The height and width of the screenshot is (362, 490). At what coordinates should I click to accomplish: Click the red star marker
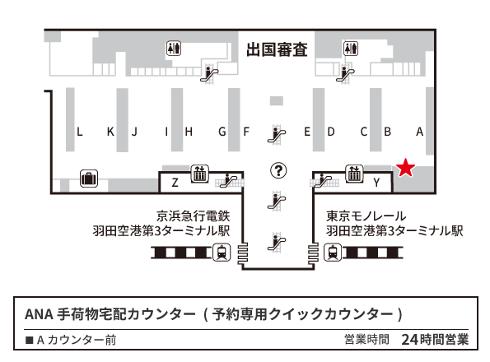(405, 168)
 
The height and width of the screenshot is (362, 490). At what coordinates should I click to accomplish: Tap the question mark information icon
(278, 170)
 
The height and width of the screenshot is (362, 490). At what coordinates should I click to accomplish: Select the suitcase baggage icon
(89, 179)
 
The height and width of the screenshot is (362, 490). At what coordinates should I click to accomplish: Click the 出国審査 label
(277, 49)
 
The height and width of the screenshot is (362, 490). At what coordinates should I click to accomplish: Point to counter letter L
(80, 132)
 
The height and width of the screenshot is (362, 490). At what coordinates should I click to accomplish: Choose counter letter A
(420, 132)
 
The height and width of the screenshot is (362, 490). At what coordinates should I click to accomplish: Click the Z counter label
(175, 183)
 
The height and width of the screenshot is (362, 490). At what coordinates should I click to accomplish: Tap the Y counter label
(376, 183)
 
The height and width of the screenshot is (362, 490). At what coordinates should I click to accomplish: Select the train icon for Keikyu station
(222, 253)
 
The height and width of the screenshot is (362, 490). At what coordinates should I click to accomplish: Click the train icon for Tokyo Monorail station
(333, 253)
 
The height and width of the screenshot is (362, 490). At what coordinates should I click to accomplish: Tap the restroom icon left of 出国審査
(174, 49)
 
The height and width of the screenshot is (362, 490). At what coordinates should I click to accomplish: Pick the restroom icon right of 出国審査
(351, 49)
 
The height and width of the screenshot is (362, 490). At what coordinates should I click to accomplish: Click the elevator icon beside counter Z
(199, 174)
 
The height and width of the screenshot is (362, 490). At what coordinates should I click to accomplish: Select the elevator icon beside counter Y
(354, 174)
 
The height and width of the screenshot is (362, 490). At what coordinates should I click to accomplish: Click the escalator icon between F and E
(276, 135)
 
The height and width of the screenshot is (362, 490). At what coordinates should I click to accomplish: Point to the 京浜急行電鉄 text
(194, 216)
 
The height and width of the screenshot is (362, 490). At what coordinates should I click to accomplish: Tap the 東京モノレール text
(366, 216)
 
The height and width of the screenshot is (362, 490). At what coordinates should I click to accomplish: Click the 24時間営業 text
(435, 340)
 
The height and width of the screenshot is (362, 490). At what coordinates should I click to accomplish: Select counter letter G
(222, 132)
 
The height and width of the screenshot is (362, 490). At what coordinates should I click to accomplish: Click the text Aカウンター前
(77, 340)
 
